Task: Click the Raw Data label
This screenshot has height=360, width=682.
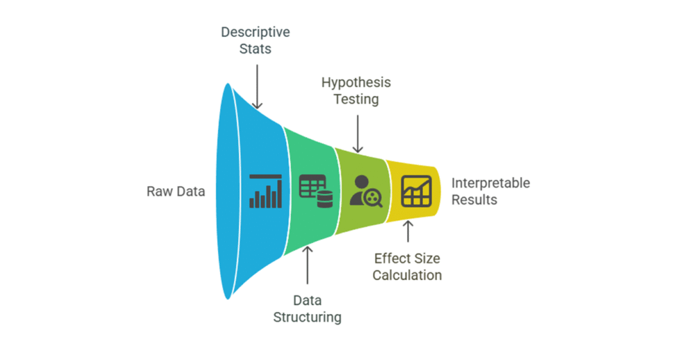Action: click(175, 191)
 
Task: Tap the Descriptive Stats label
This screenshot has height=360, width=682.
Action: click(255, 40)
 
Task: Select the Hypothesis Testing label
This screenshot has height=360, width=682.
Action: click(356, 91)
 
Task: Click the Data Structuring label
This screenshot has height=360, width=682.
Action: click(307, 308)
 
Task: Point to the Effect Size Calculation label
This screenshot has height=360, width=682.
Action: click(407, 266)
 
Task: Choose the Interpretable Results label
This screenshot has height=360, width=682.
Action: click(491, 191)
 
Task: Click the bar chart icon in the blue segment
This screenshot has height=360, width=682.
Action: click(265, 191)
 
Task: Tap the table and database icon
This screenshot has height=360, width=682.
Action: click(316, 191)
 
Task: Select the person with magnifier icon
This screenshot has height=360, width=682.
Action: click(365, 191)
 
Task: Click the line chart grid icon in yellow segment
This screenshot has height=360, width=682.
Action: click(416, 191)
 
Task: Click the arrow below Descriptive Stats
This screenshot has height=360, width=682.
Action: click(257, 86)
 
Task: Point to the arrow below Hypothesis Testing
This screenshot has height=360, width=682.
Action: click(357, 133)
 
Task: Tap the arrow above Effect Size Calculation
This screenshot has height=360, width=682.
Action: click(408, 232)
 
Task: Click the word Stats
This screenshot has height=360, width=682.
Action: click(255, 49)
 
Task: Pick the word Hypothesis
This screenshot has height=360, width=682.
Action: click(356, 82)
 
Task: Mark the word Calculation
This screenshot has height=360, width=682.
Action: click(407, 275)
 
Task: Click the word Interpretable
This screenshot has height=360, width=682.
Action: click(491, 183)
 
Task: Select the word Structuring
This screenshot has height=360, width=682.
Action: click(307, 318)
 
